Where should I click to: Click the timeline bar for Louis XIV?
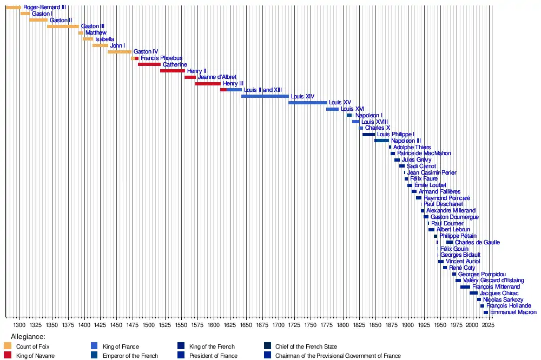[x=265, y=96]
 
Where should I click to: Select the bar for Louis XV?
[x=307, y=103]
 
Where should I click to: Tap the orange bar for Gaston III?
[x=63, y=26]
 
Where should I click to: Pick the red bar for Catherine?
[x=149, y=64]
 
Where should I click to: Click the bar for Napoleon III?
[x=381, y=141]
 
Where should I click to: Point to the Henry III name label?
[x=233, y=84]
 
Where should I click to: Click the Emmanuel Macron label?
[x=513, y=312]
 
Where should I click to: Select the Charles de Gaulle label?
[x=477, y=243]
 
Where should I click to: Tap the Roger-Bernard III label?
[x=45, y=8]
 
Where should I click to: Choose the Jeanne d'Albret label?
[x=217, y=77]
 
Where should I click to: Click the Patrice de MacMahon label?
[x=424, y=154]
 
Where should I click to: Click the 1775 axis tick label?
[x=326, y=325]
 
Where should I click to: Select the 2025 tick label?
[x=488, y=325]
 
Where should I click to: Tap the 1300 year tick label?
[x=19, y=325]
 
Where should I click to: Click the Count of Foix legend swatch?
[x=8, y=346]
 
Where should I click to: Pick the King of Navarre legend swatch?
[x=8, y=356]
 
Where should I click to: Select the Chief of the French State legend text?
[x=306, y=346]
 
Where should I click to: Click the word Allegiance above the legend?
[x=27, y=337]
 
